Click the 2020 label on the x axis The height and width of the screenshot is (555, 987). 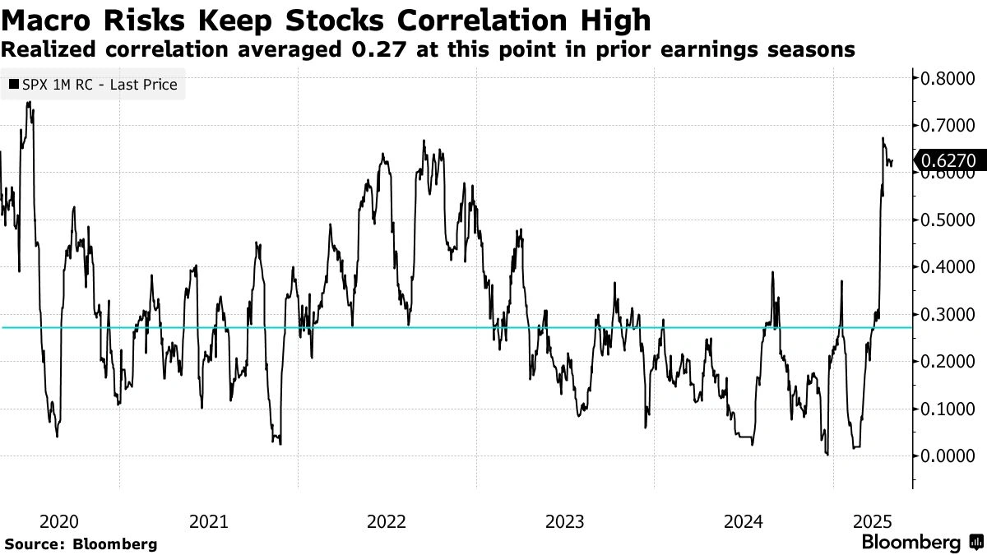[x=59, y=521]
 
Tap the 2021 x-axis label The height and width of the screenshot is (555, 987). [x=210, y=521]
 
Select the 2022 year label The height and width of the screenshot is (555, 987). [x=387, y=521]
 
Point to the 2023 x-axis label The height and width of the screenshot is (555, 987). [x=565, y=521]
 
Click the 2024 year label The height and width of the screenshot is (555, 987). [x=744, y=521]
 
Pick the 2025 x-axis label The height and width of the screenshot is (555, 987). [x=873, y=521]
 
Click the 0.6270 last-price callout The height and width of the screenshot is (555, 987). [x=949, y=161]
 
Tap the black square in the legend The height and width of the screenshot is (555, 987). [x=13, y=85]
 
